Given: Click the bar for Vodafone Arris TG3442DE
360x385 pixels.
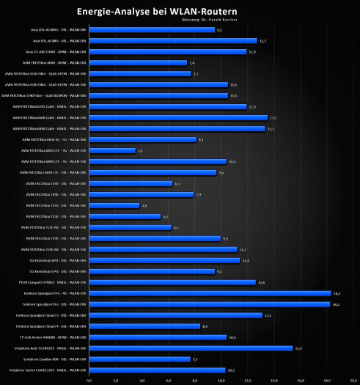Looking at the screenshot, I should coord(191,348).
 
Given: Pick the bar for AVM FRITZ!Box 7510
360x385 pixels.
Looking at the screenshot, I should coord(114,205).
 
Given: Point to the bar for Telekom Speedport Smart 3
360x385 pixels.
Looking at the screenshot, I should coord(175,315).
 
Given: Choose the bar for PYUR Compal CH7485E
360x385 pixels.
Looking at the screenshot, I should coord(172,282).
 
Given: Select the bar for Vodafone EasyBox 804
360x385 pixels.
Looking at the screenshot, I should coord(139,359).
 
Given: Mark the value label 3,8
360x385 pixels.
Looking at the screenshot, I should coord(144,205).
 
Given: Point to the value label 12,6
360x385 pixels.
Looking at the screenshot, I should coord(261,282).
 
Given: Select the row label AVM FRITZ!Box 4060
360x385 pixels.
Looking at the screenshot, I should coord(56,63).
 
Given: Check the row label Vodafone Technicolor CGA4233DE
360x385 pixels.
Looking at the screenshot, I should coord(45,370).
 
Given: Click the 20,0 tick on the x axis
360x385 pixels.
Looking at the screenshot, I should coord(353,381).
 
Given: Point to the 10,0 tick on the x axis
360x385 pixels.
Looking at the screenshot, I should coord(221,381).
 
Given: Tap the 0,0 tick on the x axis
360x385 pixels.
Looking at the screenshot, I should coord(89,381).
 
